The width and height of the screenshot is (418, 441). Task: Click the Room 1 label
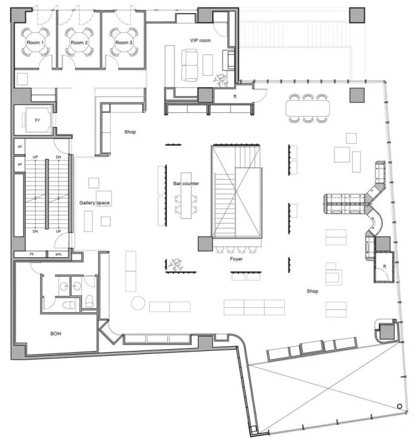[35, 42]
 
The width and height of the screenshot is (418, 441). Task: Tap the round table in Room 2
[79, 42]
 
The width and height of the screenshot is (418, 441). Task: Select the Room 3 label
[124, 42]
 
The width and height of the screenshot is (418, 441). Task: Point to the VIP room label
[200, 41]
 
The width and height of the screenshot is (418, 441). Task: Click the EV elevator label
[37, 120]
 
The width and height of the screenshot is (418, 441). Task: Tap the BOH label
[56, 334]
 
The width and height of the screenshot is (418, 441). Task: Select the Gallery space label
[94, 203]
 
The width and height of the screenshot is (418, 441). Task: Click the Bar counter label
[186, 183]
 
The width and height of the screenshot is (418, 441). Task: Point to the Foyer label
[236, 259]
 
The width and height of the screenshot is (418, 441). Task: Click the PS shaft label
[32, 254]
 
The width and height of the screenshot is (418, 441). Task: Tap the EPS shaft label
[59, 254]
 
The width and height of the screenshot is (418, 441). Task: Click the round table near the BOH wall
[138, 303]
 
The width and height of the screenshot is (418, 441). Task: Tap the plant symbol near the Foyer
[176, 265]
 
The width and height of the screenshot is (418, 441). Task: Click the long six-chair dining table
[308, 108]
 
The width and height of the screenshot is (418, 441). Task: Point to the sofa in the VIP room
[189, 65]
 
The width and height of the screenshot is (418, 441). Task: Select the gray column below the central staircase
[205, 244]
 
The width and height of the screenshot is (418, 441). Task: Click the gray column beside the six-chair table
[357, 95]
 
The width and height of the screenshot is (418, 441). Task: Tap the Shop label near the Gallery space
[130, 132]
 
